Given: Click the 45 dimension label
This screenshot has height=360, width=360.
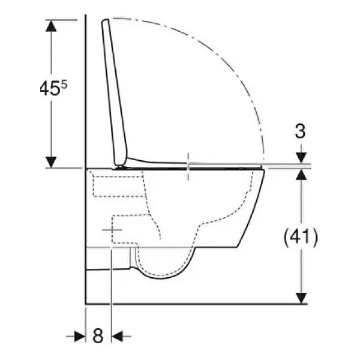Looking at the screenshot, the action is [50, 89].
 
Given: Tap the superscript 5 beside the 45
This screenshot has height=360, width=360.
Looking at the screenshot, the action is [64, 85].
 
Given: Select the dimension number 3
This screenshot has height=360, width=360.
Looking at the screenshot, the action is [300, 131].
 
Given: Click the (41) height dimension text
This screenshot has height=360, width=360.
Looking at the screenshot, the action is [301, 237].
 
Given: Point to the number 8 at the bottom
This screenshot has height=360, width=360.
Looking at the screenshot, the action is [98, 335].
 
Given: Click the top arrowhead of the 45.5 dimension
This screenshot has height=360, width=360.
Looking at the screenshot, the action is [51, 25].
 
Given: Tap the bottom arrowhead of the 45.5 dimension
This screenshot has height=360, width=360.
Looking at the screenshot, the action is [51, 163].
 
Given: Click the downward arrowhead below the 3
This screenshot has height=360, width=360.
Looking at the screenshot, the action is [301, 157].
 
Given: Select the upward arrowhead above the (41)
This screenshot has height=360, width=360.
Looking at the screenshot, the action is [301, 175].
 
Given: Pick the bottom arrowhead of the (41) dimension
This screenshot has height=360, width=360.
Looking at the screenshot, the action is [301, 298].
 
